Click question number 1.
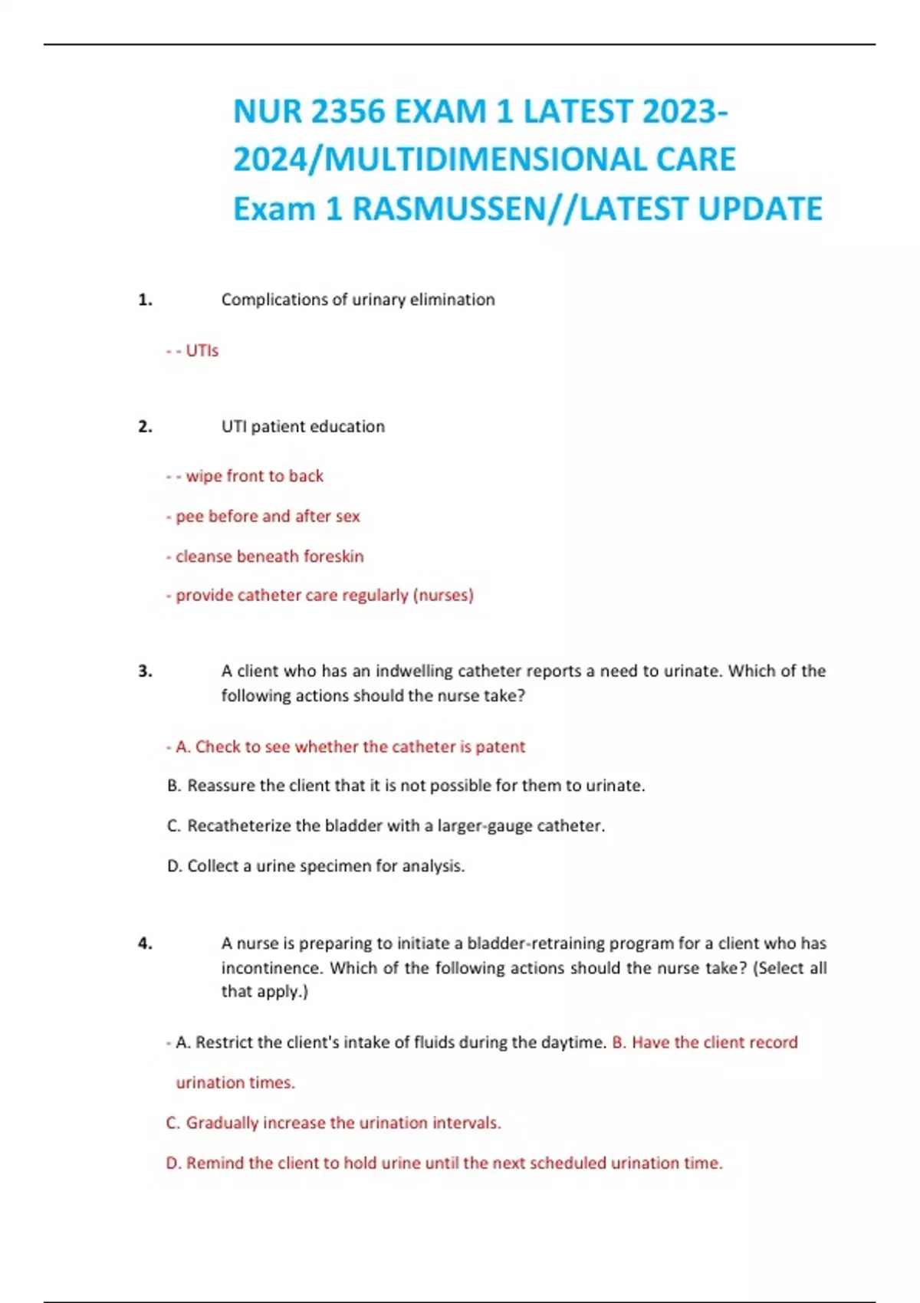145,300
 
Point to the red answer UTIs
202,350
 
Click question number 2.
145,427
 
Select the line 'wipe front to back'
254,476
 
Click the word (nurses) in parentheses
443,595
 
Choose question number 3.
145,671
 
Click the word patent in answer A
500,747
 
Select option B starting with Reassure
406,786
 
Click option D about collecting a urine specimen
316,866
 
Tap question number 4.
145,944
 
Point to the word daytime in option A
574,1042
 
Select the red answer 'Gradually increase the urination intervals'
333,1123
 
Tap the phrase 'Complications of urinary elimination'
358,300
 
